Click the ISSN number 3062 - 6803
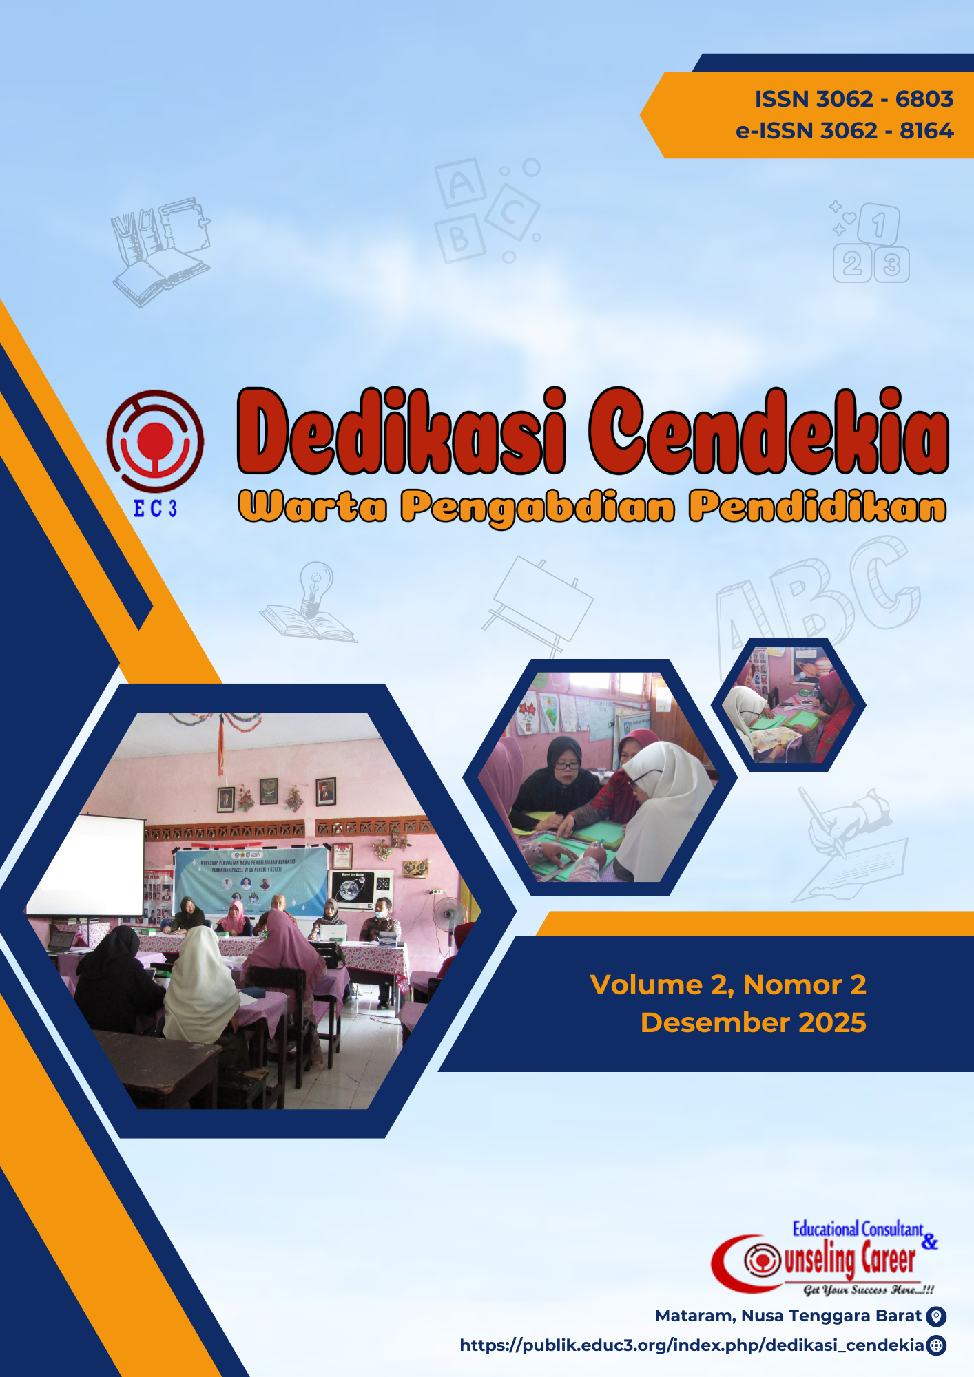pos(853,99)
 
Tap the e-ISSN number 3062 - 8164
pos(845,131)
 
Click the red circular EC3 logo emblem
pos(155,441)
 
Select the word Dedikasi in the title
pos(402,432)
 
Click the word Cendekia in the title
pos(769,432)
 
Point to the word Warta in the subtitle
pos(312,507)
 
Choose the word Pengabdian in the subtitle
pos(538,507)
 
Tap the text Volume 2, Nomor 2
pos(728,985)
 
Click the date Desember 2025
pos(753,1022)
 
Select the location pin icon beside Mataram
pos(936,1316)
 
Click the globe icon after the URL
pos(936,1345)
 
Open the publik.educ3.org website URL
pos(692,1345)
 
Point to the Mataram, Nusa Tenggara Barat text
pos(788,1316)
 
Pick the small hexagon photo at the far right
pos(788,705)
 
